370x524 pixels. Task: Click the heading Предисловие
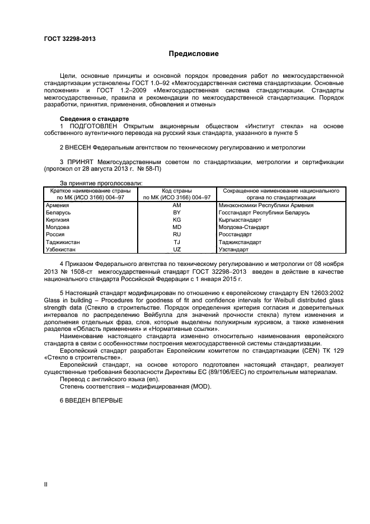tap(194, 54)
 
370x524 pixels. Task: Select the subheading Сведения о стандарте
tap(94, 119)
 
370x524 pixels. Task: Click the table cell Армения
tap(57, 205)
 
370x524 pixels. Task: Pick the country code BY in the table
tap(177, 213)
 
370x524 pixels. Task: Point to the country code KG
tap(177, 220)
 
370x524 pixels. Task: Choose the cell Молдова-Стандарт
tap(243, 227)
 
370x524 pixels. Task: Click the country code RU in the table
tap(177, 235)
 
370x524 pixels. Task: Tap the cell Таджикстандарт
tap(240, 242)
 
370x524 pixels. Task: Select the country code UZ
tap(177, 249)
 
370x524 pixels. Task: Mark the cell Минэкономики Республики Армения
tap(266, 205)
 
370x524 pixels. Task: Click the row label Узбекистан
tap(61, 249)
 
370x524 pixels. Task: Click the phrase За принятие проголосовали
tap(101, 183)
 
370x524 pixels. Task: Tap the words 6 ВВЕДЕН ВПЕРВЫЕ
tap(91, 400)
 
